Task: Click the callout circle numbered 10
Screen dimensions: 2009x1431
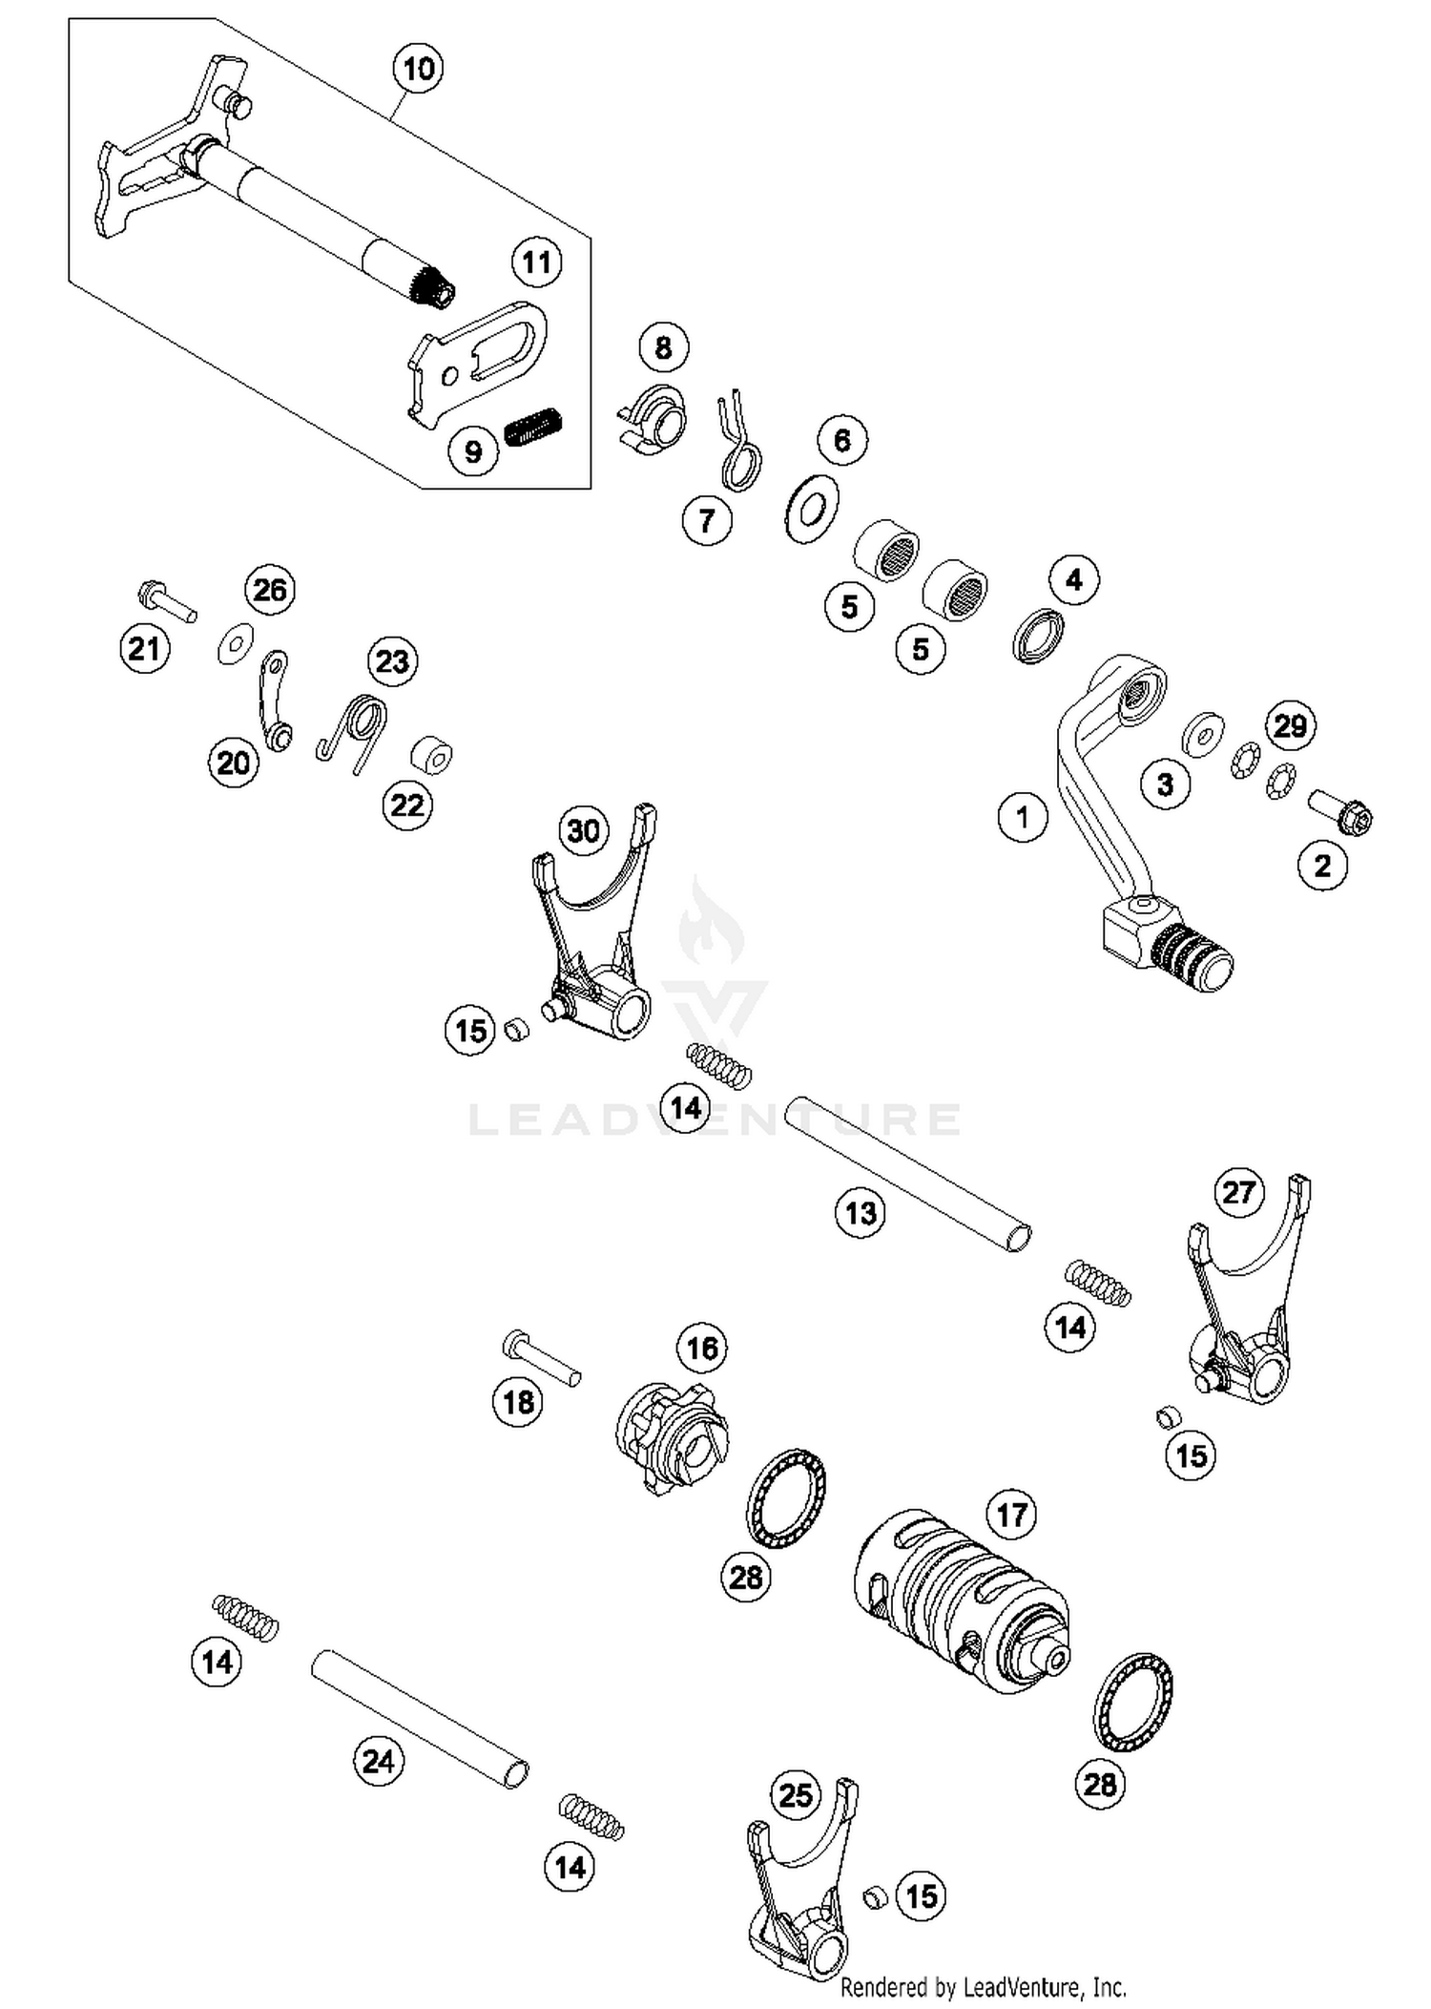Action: (418, 69)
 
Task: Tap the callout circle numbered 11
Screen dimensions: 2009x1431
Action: (536, 262)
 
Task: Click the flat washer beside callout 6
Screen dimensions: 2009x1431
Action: (812, 508)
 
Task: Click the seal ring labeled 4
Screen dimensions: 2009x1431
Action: (1038, 636)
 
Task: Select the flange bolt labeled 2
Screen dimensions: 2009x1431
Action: (1340, 811)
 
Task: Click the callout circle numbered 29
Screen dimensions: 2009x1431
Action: (1290, 725)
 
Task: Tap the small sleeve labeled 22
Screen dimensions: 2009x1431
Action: (431, 756)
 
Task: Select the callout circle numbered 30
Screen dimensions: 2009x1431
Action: (584, 830)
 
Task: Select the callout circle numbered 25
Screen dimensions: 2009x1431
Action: (796, 1795)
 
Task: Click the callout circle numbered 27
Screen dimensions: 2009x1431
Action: (1238, 1192)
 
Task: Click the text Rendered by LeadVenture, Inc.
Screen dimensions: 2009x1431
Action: (983, 1988)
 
